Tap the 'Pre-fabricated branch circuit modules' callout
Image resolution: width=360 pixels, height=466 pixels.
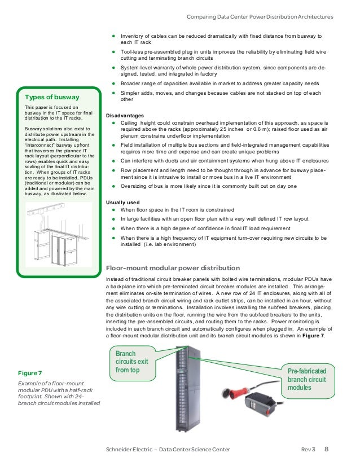[307, 380]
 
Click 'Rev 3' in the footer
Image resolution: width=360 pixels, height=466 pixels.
[308, 450]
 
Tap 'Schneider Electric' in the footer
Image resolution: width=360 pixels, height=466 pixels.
[122, 450]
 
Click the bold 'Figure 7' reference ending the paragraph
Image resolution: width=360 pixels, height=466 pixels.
[311, 337]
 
